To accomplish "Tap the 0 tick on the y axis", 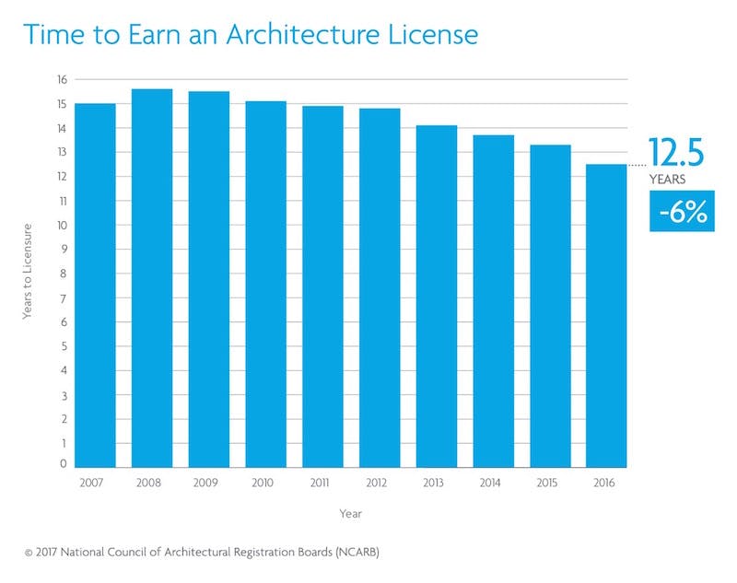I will pos(63,466).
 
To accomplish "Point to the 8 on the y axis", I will pos(63,274).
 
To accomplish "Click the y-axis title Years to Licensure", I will pos(28,273).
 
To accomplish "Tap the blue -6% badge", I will pos(682,213).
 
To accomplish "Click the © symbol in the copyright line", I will pos(29,553).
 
